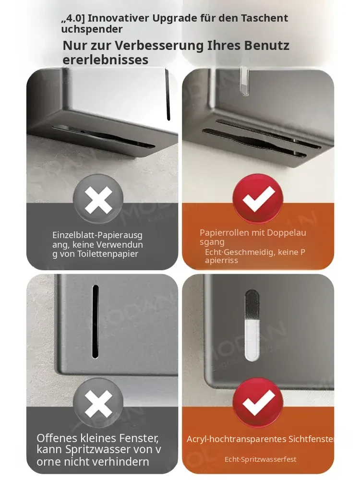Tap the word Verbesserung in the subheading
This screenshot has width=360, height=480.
coord(159,45)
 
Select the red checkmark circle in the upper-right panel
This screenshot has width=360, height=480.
coord(258,198)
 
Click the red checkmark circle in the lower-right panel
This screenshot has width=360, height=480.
coord(258,402)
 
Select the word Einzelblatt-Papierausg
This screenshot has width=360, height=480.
coord(97,235)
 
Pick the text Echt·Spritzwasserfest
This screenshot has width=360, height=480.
coord(261,459)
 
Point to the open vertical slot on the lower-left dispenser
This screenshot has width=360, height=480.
coord(95,322)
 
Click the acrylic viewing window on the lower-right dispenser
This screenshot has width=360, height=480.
coord(252,325)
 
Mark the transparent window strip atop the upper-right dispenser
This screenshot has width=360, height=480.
coord(244,82)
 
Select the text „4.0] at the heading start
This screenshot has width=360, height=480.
coord(72,18)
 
